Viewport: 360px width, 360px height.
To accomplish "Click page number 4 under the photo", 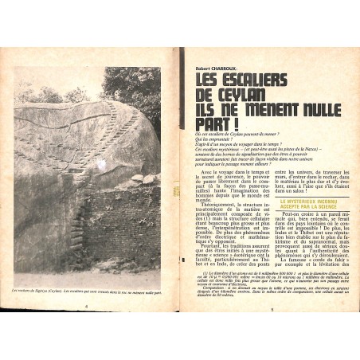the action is pyautogui.click(x=85, y=326).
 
